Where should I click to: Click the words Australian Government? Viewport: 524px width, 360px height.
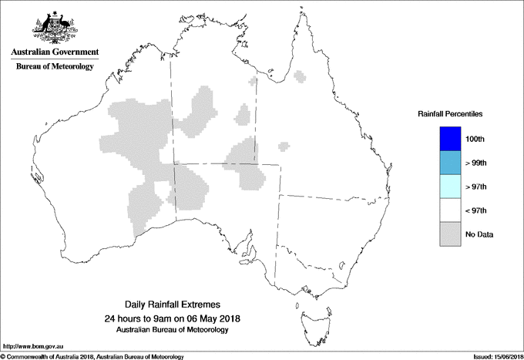(x=54, y=52)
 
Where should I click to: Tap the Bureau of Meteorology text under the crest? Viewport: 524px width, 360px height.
(x=54, y=67)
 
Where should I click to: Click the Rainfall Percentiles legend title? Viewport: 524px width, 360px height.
(x=450, y=114)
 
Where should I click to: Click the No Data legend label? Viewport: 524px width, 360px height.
(x=479, y=234)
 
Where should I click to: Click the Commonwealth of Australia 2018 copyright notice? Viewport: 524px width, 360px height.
(x=92, y=356)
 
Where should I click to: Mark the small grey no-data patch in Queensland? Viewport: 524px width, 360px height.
(x=284, y=144)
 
